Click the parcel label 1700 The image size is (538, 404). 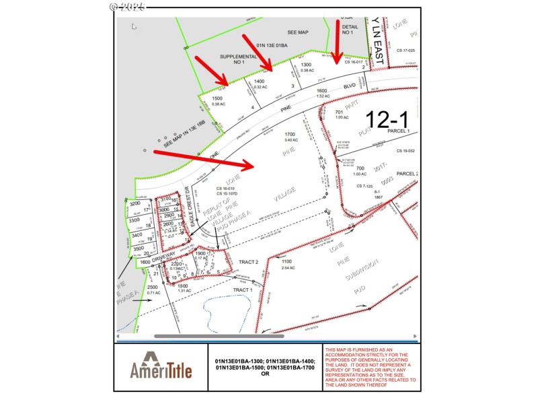pyautogui.click(x=291, y=134)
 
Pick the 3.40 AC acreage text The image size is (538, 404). pyautogui.click(x=291, y=140)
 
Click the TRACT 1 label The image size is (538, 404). pyautogui.click(x=242, y=290)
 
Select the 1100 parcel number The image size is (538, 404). pyautogui.click(x=288, y=261)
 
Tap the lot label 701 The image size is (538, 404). pyautogui.click(x=340, y=112)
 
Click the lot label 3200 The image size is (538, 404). pyautogui.click(x=134, y=203)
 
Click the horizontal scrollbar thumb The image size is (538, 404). pyautogui.click(x=219, y=336)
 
